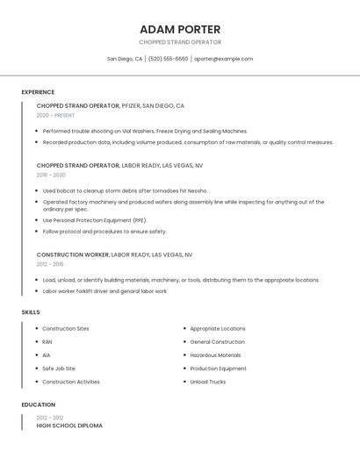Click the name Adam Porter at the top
coord(180,29)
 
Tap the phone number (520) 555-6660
coord(168,59)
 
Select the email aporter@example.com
coord(223,59)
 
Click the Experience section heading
coord(38,92)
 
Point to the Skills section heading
coord(31,312)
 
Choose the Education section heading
coord(38,405)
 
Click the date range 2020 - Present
coord(55,115)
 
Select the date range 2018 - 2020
coord(51,175)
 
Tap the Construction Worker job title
coord(73,254)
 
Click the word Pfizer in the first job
coord(130,105)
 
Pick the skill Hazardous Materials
coord(215,355)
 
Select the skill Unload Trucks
coord(207,382)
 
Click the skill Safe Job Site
coord(59,368)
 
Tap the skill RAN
coord(47,342)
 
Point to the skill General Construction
coord(217,342)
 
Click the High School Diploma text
coord(69,426)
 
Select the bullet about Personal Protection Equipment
coord(95,220)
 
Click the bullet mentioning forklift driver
coord(104,291)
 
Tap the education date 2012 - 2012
coord(50,418)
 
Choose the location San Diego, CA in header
coord(125,59)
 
